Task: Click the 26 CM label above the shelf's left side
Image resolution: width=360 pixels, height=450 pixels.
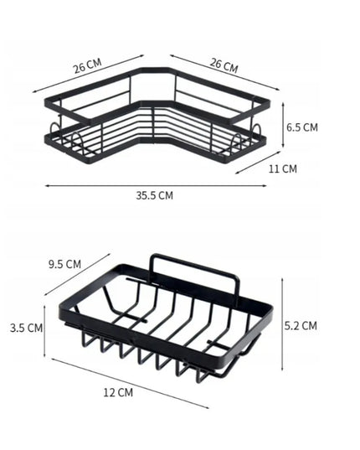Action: pyautogui.click(x=87, y=66)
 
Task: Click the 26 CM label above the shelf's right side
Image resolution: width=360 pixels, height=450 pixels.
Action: pyautogui.click(x=224, y=65)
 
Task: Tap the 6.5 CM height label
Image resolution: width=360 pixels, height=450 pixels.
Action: pyautogui.click(x=302, y=127)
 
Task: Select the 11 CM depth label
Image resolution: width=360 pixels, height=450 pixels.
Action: pyautogui.click(x=283, y=168)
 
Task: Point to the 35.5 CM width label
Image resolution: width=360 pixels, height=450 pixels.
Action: pyautogui.click(x=155, y=195)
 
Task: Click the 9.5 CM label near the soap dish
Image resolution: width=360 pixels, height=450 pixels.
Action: pyautogui.click(x=64, y=264)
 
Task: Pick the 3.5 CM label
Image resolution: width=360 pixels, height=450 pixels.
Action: pyautogui.click(x=26, y=328)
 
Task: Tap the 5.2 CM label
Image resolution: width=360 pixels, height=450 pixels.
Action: pyautogui.click(x=301, y=326)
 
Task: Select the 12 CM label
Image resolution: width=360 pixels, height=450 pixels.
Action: pyautogui.click(x=118, y=392)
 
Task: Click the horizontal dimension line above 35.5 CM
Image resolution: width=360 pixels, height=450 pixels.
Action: pyautogui.click(x=156, y=186)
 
